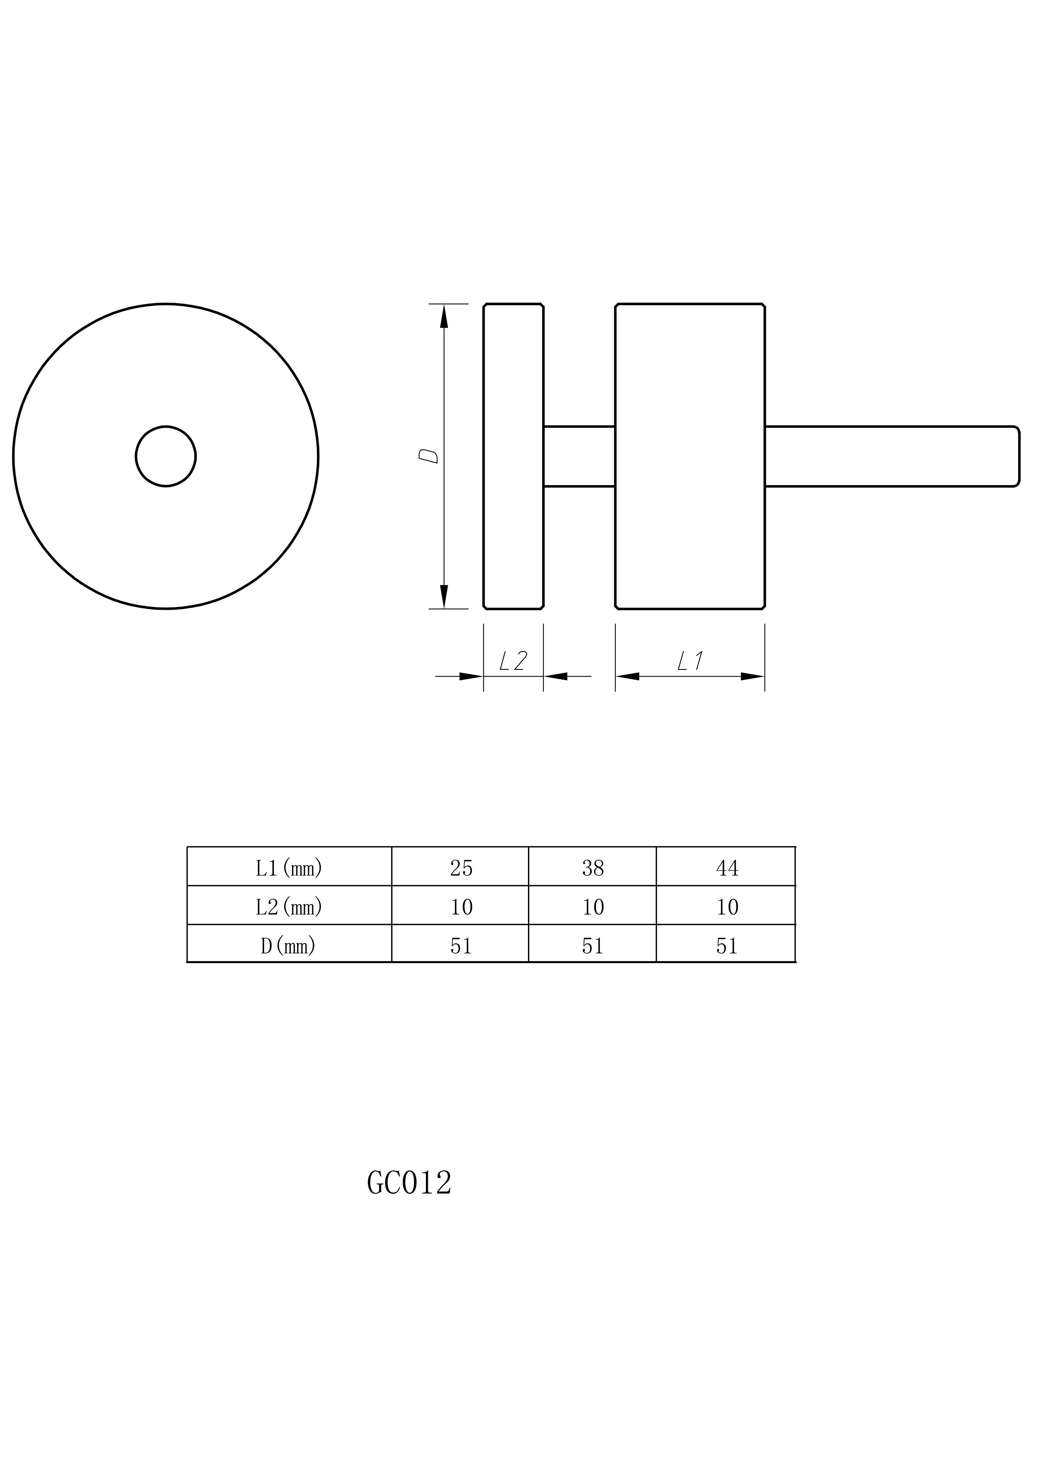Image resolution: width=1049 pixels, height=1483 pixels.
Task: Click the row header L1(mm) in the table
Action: click(x=289, y=868)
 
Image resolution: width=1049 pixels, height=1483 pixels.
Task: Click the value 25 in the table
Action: click(x=461, y=868)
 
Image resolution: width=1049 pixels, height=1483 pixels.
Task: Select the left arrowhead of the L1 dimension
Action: click(x=627, y=676)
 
